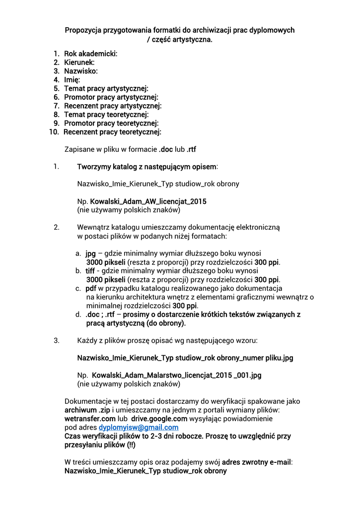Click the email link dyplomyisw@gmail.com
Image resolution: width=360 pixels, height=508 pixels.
tap(139, 428)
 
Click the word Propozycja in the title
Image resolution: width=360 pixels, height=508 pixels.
tap(83, 30)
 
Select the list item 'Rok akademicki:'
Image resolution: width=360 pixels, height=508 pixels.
tap(91, 54)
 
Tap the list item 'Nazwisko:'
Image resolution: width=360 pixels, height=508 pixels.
tap(81, 71)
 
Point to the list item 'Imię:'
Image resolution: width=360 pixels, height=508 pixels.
tap(72, 79)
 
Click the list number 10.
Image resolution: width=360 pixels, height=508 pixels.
tap(54, 132)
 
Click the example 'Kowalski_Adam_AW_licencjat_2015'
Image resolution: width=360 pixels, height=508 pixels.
tap(148, 201)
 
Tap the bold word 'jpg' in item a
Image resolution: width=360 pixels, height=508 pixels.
tap(90, 253)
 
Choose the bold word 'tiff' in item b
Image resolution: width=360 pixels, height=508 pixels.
tap(90, 271)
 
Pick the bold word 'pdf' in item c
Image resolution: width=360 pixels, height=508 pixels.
tap(90, 288)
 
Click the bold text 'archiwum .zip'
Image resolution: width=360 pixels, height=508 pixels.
tap(87, 410)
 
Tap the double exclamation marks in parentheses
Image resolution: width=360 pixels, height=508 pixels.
tap(131, 445)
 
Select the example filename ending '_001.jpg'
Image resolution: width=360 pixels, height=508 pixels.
tap(176, 375)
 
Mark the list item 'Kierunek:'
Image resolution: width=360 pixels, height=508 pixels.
tap(79, 63)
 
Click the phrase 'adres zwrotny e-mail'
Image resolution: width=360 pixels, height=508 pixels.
tap(257, 462)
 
